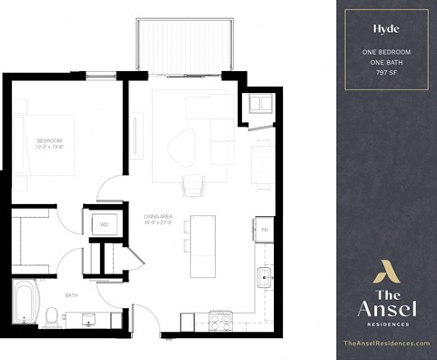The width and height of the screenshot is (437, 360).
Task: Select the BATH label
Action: point(71,295)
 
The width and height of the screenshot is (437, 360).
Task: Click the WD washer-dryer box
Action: point(103,223)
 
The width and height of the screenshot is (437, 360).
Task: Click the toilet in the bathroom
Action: point(52,317)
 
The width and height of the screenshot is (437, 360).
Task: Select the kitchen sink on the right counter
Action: point(265,275)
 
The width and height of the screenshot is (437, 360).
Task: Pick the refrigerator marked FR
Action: point(264,229)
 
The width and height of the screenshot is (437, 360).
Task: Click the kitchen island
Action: point(202,246)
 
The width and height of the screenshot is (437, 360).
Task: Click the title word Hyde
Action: point(386,28)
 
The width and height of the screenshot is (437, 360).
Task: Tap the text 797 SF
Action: point(386,71)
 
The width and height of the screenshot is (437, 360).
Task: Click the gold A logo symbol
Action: point(386,271)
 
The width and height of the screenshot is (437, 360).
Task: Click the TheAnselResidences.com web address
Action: point(386,343)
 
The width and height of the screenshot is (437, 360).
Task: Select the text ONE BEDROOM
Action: point(386,52)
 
